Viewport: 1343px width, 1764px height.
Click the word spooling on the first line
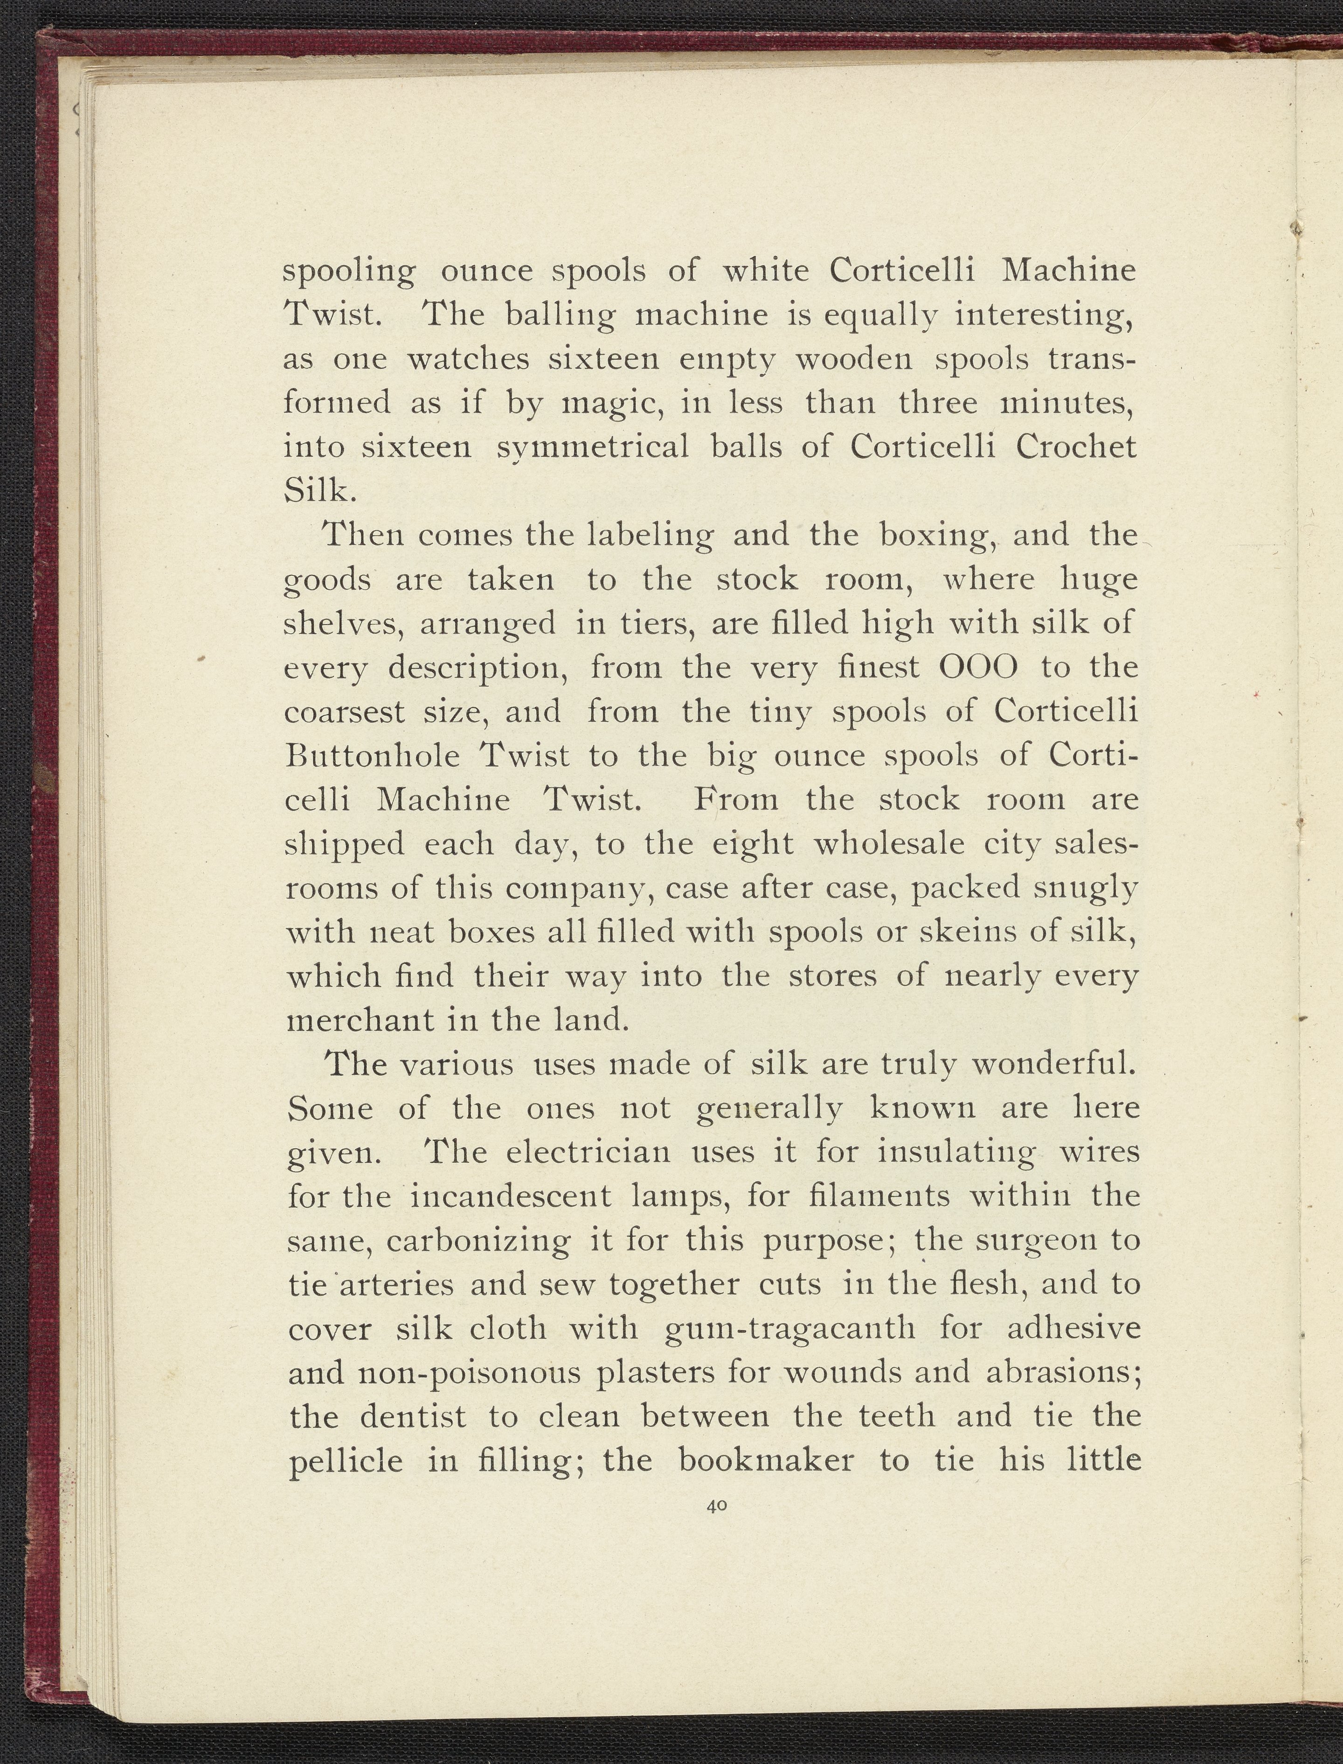tap(349, 272)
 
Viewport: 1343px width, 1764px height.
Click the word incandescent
tap(512, 1197)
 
